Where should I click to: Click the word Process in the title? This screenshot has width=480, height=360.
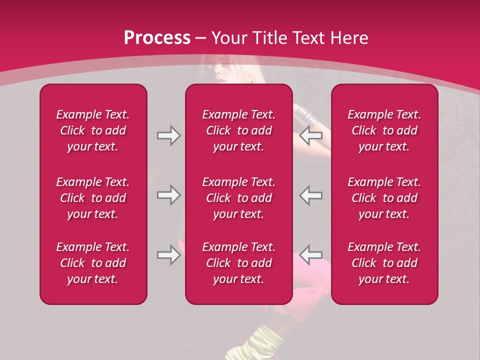[157, 38]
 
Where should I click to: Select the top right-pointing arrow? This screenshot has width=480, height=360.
[168, 136]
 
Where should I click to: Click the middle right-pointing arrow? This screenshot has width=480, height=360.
[168, 195]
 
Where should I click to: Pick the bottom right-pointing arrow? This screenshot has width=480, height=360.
[168, 255]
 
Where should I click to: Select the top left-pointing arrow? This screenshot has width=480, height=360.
[311, 136]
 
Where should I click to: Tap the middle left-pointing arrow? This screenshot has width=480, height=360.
[311, 195]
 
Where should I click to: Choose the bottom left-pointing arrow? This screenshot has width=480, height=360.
[311, 255]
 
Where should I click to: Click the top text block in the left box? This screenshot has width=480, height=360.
[93, 130]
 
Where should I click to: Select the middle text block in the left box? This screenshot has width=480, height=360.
[93, 198]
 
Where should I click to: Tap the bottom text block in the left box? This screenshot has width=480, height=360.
[93, 263]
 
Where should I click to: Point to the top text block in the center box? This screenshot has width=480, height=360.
[238, 130]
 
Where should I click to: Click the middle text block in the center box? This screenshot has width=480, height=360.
[238, 198]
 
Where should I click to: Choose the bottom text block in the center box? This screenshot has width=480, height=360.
[238, 263]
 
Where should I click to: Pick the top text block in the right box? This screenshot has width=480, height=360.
[384, 130]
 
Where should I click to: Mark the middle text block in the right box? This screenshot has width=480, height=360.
[384, 198]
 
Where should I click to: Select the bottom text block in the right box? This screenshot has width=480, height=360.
[384, 263]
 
